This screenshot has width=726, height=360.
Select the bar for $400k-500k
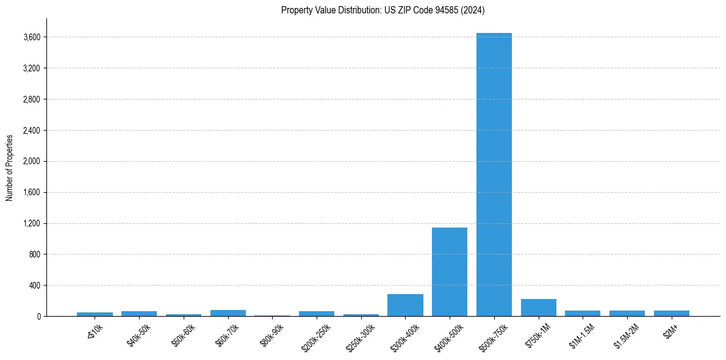pyautogui.click(x=450, y=272)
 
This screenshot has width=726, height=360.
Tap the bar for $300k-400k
pyautogui.click(x=405, y=305)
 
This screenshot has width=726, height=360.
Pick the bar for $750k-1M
pyautogui.click(x=538, y=308)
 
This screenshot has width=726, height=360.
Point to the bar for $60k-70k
pyautogui.click(x=228, y=313)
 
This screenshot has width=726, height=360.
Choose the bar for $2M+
pyautogui.click(x=671, y=313)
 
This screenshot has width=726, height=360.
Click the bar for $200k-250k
pyautogui.click(x=317, y=314)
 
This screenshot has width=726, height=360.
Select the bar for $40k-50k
pyautogui.click(x=139, y=314)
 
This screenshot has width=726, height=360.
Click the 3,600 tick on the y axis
pyautogui.click(x=32, y=37)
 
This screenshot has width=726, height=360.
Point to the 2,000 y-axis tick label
pyautogui.click(x=32, y=162)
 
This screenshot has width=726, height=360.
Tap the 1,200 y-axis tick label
pyautogui.click(x=32, y=224)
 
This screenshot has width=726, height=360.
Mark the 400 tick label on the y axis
pyautogui.click(x=35, y=286)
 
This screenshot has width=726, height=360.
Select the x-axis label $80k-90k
pyautogui.click(x=271, y=336)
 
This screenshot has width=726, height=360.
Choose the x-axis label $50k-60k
pyautogui.click(x=183, y=336)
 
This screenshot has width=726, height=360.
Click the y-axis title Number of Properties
pyautogui.click(x=10, y=167)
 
